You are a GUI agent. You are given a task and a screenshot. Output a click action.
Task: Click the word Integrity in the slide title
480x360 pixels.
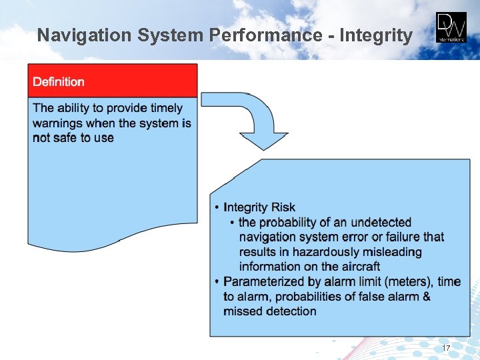[376, 35]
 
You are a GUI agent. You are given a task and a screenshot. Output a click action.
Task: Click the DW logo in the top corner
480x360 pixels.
[451, 27]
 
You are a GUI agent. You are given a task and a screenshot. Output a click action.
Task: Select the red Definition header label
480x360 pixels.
[59, 82]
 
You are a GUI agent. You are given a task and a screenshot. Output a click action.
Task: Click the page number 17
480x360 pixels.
[446, 349]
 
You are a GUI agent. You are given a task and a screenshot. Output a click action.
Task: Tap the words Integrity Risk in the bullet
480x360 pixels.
[259, 207]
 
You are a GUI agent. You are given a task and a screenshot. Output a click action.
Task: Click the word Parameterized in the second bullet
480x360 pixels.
[263, 281]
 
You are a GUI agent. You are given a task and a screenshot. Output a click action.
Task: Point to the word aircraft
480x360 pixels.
[358, 267]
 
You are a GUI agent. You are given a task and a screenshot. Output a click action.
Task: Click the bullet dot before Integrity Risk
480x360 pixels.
[216, 208]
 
